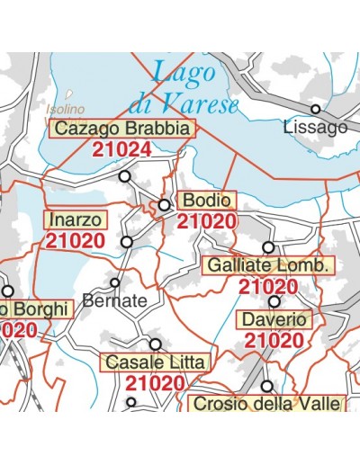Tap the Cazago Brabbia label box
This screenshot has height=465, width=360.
click(121, 129)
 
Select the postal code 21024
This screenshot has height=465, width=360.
click(121, 149)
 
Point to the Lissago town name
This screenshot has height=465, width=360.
click(314, 128)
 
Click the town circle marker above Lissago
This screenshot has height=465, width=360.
click(316, 109)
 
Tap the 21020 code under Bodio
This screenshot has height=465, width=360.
click(207, 221)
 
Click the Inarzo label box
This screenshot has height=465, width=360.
click(76, 219)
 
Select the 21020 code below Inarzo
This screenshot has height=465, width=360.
click(76, 241)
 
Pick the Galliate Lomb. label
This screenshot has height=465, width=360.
click(269, 266)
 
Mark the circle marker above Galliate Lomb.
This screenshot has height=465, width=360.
click(268, 246)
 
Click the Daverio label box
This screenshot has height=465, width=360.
click(274, 320)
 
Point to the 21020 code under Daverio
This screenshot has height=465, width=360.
click(274, 341)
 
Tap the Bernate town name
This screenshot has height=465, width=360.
click(114, 301)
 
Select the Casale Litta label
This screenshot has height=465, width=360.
click(156, 362)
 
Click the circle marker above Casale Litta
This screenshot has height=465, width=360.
click(156, 344)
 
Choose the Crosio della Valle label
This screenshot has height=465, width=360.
click(267, 404)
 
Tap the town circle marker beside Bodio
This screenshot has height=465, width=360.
click(165, 205)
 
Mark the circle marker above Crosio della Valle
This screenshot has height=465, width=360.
click(267, 386)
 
